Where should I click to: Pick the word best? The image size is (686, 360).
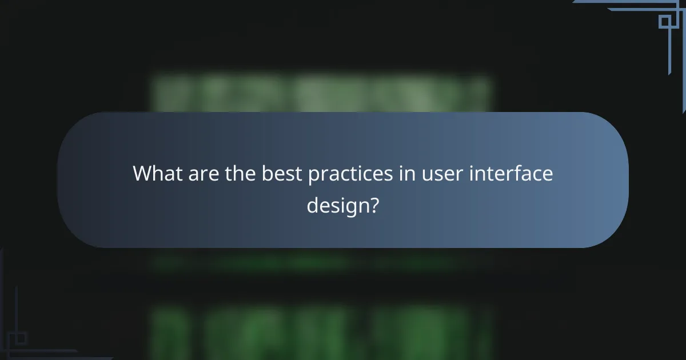click(x=282, y=174)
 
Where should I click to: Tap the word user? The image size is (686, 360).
click(x=441, y=174)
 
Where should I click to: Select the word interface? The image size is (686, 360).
click(x=511, y=174)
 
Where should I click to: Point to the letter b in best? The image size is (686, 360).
click(x=267, y=174)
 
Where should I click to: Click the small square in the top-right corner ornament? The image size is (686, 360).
click(x=664, y=22)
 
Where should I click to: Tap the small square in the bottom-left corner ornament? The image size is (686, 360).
click(x=21, y=338)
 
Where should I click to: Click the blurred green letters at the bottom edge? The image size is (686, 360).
click(x=320, y=334)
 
